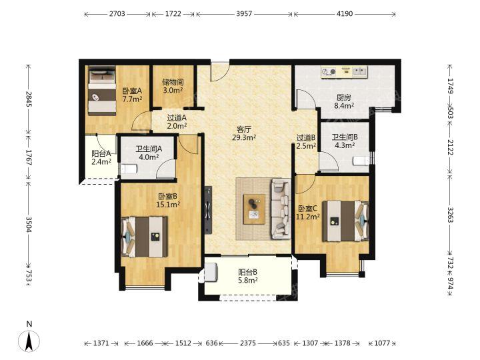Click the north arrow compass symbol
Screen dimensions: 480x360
(x=29, y=341)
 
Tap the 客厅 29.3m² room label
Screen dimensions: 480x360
(x=244, y=133)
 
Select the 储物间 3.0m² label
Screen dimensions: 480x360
(x=173, y=86)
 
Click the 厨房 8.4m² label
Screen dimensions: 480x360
(x=344, y=101)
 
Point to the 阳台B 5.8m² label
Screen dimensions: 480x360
(x=247, y=276)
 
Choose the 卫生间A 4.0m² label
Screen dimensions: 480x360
(x=149, y=153)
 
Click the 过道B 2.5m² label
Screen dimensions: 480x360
(x=306, y=142)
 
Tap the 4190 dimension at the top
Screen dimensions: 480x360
(x=345, y=14)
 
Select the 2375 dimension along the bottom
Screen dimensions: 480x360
(x=248, y=343)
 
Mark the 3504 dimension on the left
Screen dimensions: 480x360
(x=29, y=225)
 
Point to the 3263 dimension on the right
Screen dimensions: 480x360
(x=450, y=215)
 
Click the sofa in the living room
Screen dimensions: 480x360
(x=281, y=209)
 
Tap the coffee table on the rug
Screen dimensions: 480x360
(x=254, y=209)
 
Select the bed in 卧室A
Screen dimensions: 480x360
(x=102, y=92)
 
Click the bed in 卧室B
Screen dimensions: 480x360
(x=145, y=237)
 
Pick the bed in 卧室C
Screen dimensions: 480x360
(x=345, y=221)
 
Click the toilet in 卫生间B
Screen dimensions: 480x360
(x=361, y=161)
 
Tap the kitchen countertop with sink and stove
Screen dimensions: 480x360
(x=344, y=72)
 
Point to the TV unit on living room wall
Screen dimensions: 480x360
(x=208, y=210)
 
